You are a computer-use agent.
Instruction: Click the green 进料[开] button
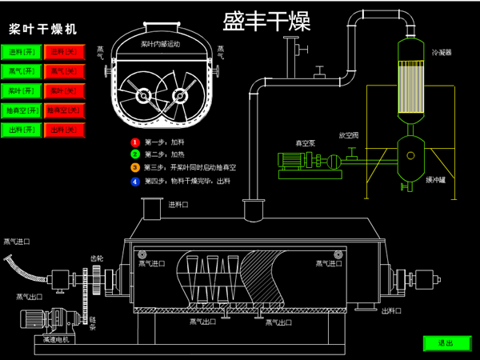(22, 52)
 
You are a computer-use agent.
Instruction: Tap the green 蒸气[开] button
(22, 71)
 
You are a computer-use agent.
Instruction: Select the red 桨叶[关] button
(63, 90)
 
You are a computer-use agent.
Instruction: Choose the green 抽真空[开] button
(22, 110)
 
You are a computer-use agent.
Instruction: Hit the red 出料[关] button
(63, 129)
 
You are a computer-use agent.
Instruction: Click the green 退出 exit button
(446, 343)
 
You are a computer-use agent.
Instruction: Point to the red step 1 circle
(135, 142)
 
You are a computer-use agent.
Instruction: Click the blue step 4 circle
(135, 182)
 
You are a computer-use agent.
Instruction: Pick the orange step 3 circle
(135, 168)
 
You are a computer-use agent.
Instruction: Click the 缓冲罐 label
(436, 180)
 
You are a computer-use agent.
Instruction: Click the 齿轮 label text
(97, 258)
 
